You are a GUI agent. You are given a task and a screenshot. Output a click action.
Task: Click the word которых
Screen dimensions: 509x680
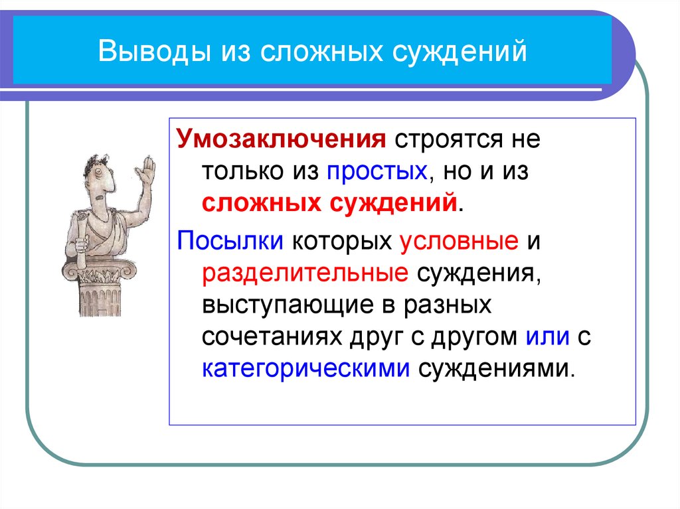point(343,241)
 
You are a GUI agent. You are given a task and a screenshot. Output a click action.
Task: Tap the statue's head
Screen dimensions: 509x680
point(100,175)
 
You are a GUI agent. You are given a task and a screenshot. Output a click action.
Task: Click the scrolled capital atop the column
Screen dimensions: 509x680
point(100,269)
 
